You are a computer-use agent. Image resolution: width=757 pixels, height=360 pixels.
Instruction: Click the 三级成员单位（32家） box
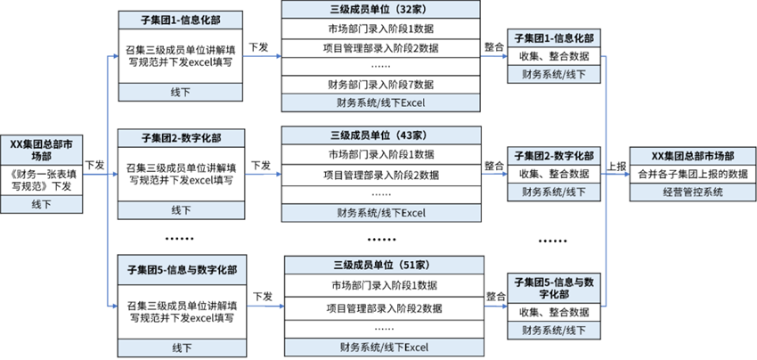pyautogui.click(x=380, y=10)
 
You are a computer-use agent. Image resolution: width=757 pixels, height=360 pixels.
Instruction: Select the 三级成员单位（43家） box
pyautogui.click(x=380, y=135)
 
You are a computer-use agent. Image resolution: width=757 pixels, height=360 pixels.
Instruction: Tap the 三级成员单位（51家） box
pyautogui.click(x=384, y=265)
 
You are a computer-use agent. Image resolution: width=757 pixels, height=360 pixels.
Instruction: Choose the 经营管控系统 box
pyautogui.click(x=693, y=192)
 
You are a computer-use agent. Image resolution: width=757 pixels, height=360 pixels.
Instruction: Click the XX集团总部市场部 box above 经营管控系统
pyautogui.click(x=693, y=156)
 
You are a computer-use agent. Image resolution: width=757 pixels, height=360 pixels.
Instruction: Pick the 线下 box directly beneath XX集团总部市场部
pyautogui.click(x=42, y=204)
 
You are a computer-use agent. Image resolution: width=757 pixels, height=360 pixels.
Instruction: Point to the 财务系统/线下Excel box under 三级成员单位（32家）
pyautogui.click(x=380, y=102)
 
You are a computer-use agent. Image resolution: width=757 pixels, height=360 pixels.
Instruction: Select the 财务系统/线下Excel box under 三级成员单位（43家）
pyautogui.click(x=380, y=213)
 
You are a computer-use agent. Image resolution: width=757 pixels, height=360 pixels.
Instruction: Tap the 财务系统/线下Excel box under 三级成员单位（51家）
pyautogui.click(x=384, y=347)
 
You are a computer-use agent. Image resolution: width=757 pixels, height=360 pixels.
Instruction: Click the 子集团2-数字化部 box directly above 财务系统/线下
pyautogui.click(x=553, y=156)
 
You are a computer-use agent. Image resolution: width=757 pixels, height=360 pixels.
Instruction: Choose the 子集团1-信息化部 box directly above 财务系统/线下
pyautogui.click(x=553, y=38)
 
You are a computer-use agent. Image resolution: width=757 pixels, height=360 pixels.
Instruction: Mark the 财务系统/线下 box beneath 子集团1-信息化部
pyautogui.click(x=553, y=74)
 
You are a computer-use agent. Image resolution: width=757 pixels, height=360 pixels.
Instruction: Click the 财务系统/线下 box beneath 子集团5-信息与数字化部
pyautogui.click(x=553, y=330)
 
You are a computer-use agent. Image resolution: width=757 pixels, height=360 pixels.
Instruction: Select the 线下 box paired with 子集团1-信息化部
pyautogui.click(x=181, y=92)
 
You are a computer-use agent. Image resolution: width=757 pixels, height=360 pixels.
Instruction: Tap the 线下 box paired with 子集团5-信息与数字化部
pyautogui.click(x=181, y=347)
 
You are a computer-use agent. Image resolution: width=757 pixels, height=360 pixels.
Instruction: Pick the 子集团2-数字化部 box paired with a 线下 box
pyautogui.click(x=181, y=138)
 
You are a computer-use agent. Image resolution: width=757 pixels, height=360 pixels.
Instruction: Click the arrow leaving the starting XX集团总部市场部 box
pyautogui.click(x=94, y=175)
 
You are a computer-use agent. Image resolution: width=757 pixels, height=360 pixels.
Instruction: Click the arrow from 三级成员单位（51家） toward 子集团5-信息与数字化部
pyautogui.click(x=495, y=307)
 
